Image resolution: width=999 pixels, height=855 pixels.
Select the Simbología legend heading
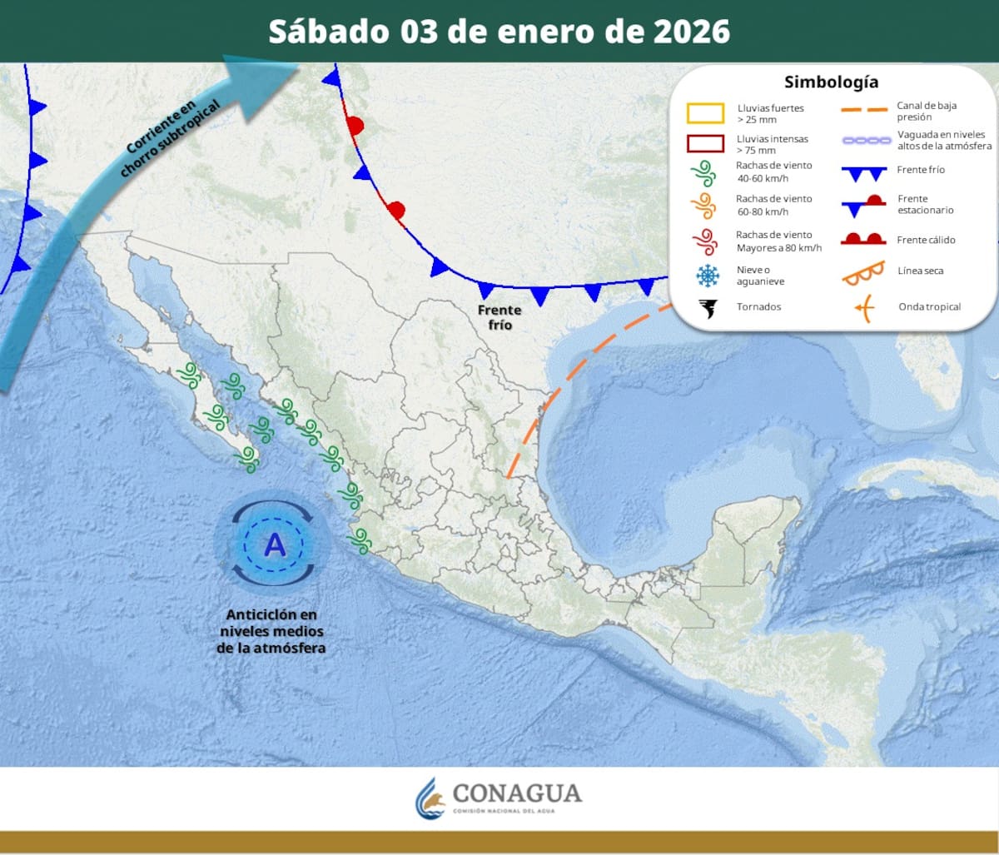(x=831, y=82)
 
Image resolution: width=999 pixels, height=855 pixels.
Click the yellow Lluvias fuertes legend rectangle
(x=705, y=113)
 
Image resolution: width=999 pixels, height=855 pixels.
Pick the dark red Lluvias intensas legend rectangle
(x=705, y=143)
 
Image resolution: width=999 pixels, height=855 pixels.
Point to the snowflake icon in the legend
(x=708, y=276)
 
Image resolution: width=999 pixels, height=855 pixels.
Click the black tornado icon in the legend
(x=708, y=308)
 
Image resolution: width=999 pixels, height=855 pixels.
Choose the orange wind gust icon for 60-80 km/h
(x=704, y=205)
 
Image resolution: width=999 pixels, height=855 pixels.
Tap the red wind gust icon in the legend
(x=704, y=241)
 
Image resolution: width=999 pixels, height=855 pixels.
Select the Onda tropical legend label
(x=929, y=307)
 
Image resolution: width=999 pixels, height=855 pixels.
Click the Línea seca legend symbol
(x=862, y=273)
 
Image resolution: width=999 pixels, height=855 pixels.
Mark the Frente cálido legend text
(x=926, y=241)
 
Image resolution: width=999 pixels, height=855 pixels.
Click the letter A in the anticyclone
(x=274, y=545)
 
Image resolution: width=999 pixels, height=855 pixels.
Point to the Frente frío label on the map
(x=499, y=317)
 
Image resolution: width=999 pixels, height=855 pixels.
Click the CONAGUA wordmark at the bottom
(x=516, y=793)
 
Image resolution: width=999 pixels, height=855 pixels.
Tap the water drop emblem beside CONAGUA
(x=430, y=798)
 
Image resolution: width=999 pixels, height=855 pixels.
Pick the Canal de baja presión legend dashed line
(x=864, y=109)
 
